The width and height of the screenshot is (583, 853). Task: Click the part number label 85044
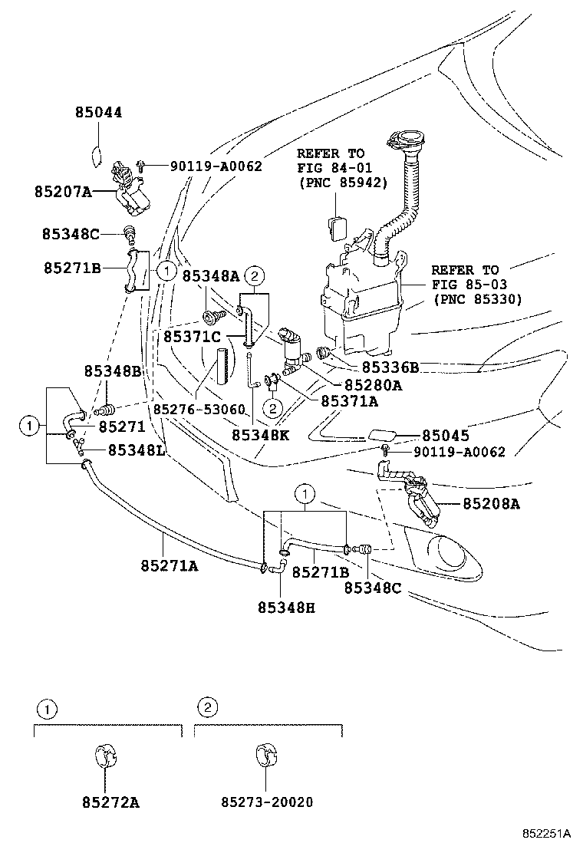click(98, 113)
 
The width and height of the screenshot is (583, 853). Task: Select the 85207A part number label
click(62, 192)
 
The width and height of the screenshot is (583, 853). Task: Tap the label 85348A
click(210, 277)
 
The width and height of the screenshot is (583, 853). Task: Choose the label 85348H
click(285, 607)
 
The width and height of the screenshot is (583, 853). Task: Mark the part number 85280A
click(374, 384)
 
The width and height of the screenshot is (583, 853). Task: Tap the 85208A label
click(491, 503)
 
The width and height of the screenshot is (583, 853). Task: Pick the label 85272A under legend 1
click(110, 802)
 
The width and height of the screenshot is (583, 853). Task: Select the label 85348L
click(136, 449)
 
